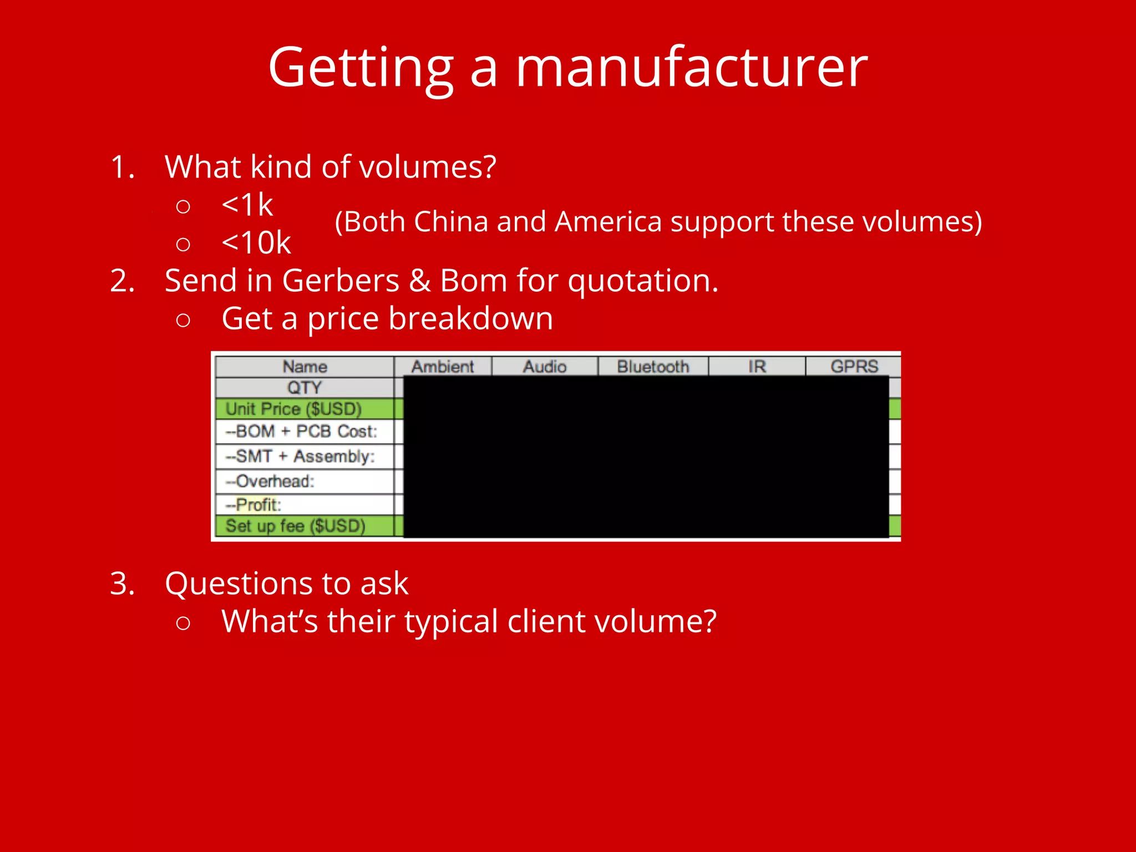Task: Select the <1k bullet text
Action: coord(247,205)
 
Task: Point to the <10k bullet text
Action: coord(256,242)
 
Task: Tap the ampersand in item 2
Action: coord(420,281)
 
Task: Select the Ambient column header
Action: coord(443,367)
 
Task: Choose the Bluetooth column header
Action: coord(653,367)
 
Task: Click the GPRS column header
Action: coord(854,367)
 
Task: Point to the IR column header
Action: coord(757,367)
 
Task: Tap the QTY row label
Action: coord(304,387)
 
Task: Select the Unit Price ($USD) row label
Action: coord(293,409)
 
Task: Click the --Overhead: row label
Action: coord(270,481)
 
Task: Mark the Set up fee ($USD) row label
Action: coord(295,525)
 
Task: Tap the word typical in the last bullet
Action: coord(451,621)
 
